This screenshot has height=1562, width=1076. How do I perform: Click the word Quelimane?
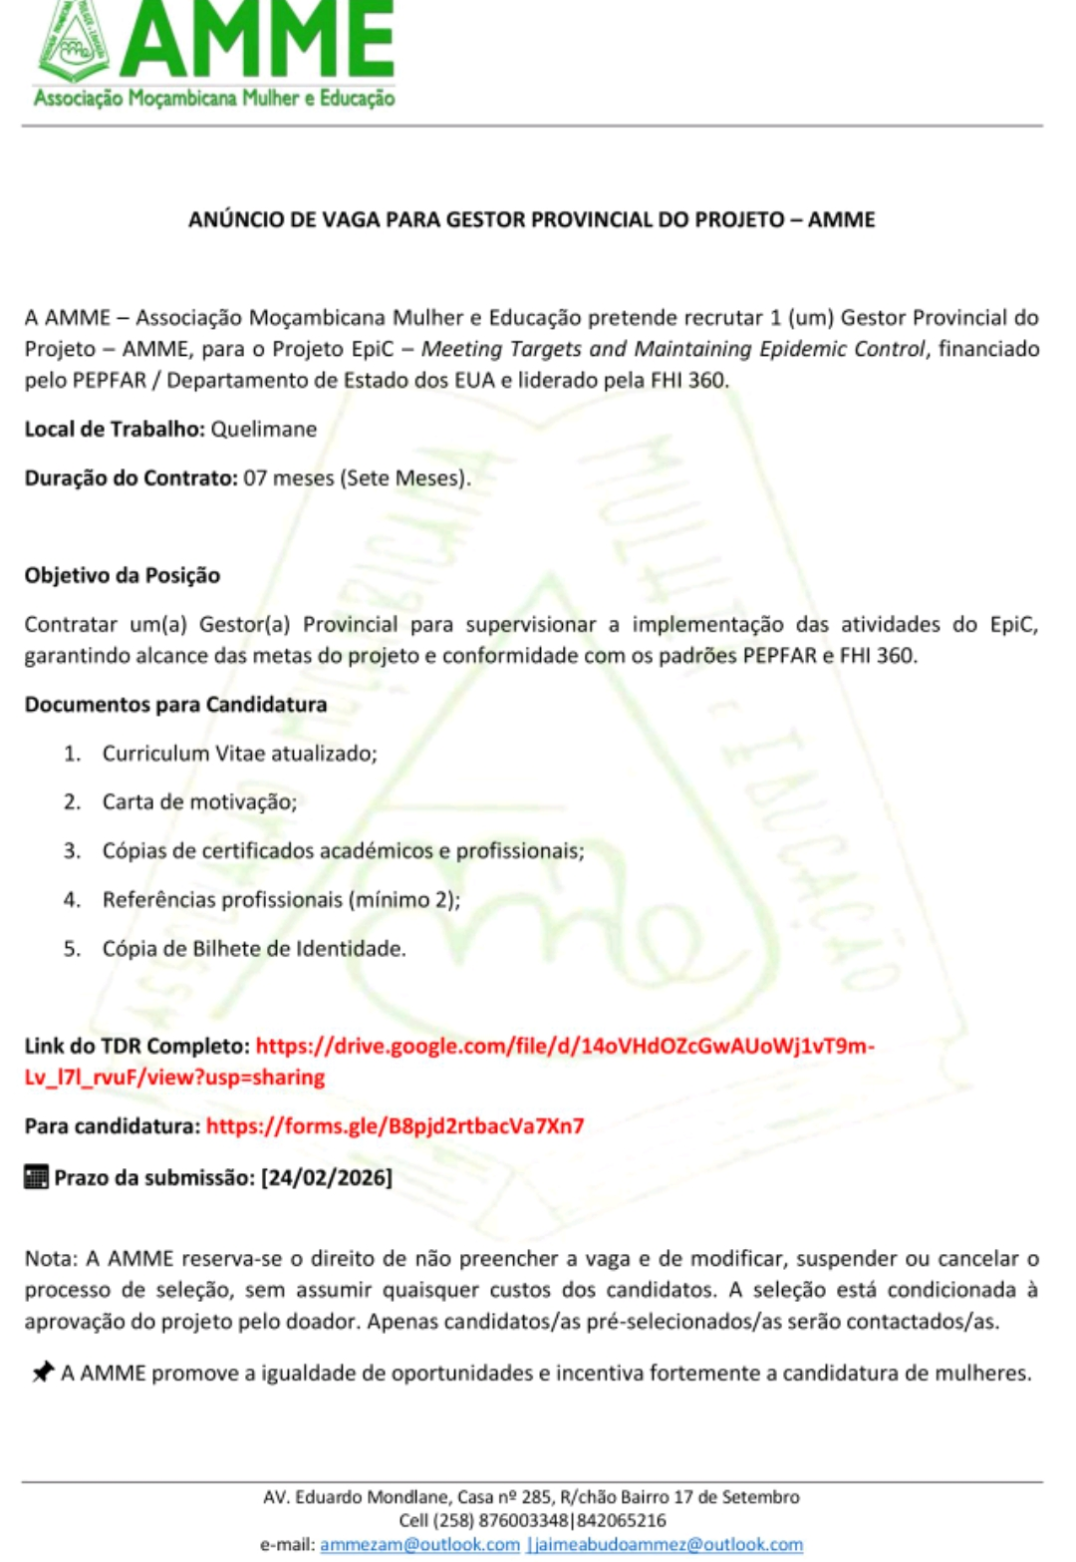(x=263, y=430)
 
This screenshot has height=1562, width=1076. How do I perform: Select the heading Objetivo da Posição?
(x=122, y=575)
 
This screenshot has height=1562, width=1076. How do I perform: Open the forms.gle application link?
(x=395, y=1126)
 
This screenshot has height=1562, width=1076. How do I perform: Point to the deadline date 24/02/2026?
(x=327, y=1177)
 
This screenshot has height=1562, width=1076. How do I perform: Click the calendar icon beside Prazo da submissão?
(x=36, y=1177)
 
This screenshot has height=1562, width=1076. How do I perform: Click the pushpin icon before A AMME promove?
(x=42, y=1373)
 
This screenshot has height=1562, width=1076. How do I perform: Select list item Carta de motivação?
(x=199, y=801)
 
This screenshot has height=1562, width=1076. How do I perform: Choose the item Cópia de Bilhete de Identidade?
(x=254, y=948)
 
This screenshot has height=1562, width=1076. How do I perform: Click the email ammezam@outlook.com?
(x=419, y=1544)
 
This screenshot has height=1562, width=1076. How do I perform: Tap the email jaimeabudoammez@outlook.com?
(x=667, y=1544)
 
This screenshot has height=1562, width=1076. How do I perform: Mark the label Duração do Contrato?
(x=131, y=477)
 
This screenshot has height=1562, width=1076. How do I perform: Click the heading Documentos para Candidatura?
(x=175, y=704)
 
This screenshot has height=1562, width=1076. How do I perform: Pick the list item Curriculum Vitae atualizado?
(x=239, y=753)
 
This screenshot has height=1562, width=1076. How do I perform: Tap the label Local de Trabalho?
(x=114, y=430)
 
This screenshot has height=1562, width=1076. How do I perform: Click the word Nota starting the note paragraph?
(x=49, y=1258)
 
